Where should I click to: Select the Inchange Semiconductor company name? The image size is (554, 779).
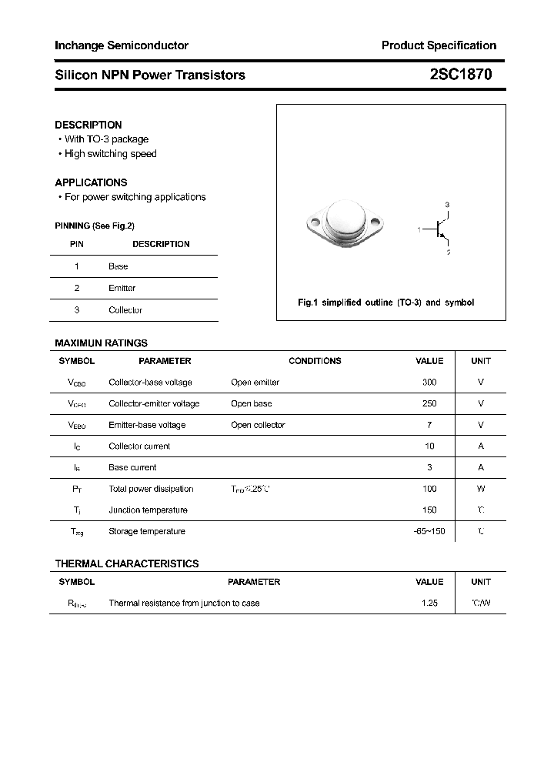click(122, 45)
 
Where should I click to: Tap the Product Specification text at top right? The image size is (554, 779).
click(439, 45)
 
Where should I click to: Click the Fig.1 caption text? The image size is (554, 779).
click(385, 303)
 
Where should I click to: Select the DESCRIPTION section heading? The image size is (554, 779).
click(88, 125)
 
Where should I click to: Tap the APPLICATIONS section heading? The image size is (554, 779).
click(91, 182)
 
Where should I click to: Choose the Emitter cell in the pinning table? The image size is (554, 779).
click(122, 288)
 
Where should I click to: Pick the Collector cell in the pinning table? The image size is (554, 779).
click(125, 310)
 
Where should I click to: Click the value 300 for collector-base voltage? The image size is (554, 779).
click(429, 383)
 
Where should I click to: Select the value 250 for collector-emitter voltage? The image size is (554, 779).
click(429, 403)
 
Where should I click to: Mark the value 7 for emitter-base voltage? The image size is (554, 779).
click(429, 425)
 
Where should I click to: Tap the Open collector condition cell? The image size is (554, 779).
click(258, 425)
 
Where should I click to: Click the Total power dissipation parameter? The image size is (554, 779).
click(151, 489)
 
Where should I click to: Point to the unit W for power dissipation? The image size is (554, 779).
click(481, 489)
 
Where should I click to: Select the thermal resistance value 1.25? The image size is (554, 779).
click(429, 603)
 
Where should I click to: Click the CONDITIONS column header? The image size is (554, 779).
click(315, 361)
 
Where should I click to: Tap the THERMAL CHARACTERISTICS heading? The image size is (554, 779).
click(127, 563)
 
